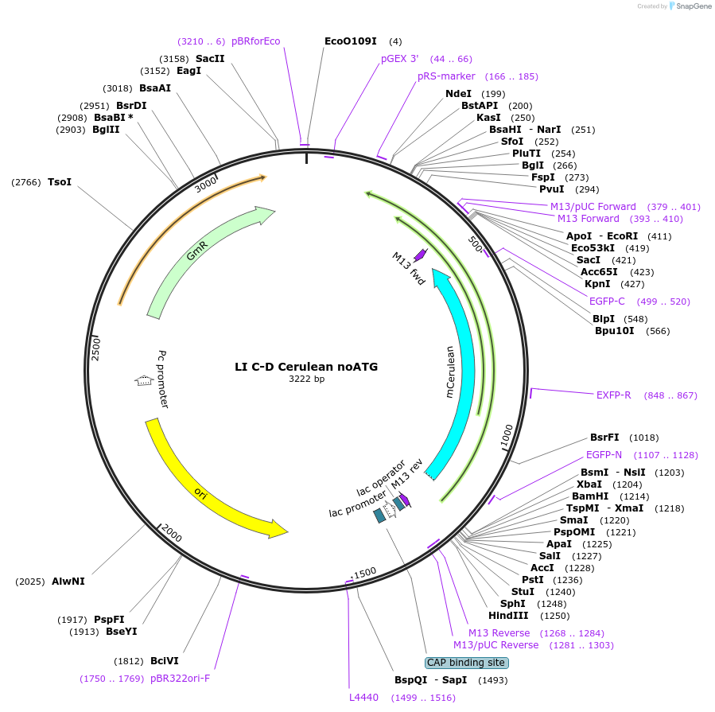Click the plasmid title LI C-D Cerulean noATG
(306, 367)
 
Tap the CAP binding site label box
(467, 662)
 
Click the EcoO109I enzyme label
(351, 41)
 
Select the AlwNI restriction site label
(68, 581)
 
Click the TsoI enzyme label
(60, 182)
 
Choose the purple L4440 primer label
(363, 698)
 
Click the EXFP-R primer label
(613, 395)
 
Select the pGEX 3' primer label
(400, 59)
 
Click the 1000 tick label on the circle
(506, 436)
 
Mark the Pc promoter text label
(163, 379)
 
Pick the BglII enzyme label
(106, 130)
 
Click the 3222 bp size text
(306, 379)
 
